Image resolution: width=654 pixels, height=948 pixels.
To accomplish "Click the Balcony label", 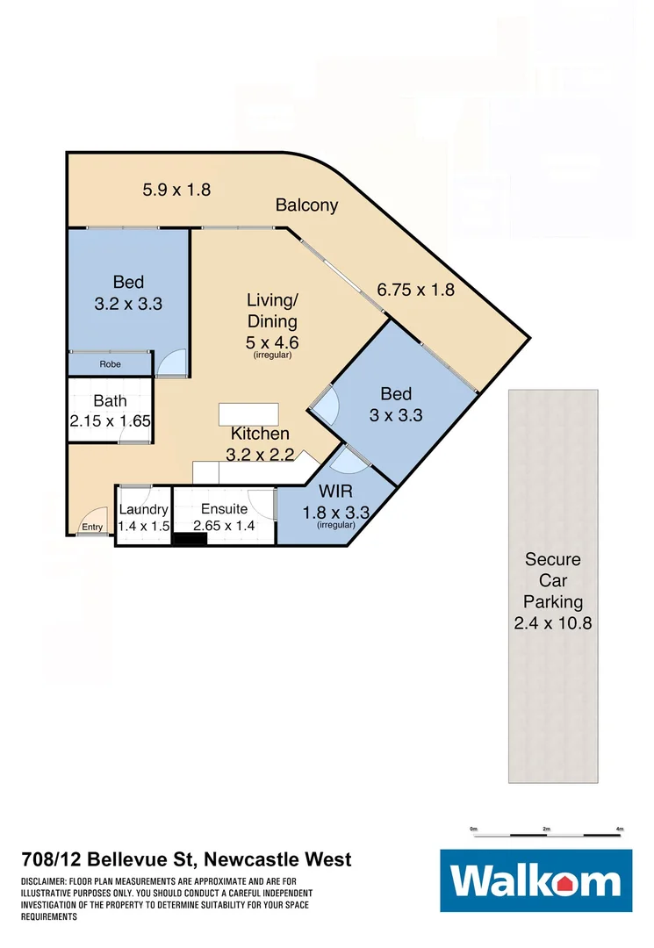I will pyautogui.click(x=306, y=205).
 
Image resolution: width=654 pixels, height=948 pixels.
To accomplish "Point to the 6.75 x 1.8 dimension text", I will pyautogui.click(x=415, y=289).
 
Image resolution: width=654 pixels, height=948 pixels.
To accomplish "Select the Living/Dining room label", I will pyautogui.click(x=271, y=320).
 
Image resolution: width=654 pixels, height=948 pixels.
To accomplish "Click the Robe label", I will pyautogui.click(x=110, y=364).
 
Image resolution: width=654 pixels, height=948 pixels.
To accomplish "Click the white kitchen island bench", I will pyautogui.click(x=248, y=413).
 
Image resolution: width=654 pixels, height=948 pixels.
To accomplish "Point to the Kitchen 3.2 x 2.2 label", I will pyautogui.click(x=260, y=443).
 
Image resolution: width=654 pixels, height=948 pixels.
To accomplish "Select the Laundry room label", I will pyautogui.click(x=143, y=517).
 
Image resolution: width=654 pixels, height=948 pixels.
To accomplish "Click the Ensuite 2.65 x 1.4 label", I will pyautogui.click(x=225, y=517).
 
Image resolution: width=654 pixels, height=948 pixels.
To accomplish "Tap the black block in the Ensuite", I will pyautogui.click(x=188, y=538).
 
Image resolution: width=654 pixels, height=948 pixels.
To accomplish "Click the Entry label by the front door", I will pyautogui.click(x=92, y=528).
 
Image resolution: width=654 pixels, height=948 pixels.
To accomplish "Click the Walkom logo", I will pyautogui.click(x=535, y=880).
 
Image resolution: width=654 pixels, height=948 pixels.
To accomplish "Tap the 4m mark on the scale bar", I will pyautogui.click(x=620, y=829).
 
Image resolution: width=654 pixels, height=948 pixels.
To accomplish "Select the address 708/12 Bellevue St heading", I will pyautogui.click(x=186, y=859).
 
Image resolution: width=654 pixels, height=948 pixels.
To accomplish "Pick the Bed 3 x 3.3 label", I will pyautogui.click(x=395, y=404).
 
